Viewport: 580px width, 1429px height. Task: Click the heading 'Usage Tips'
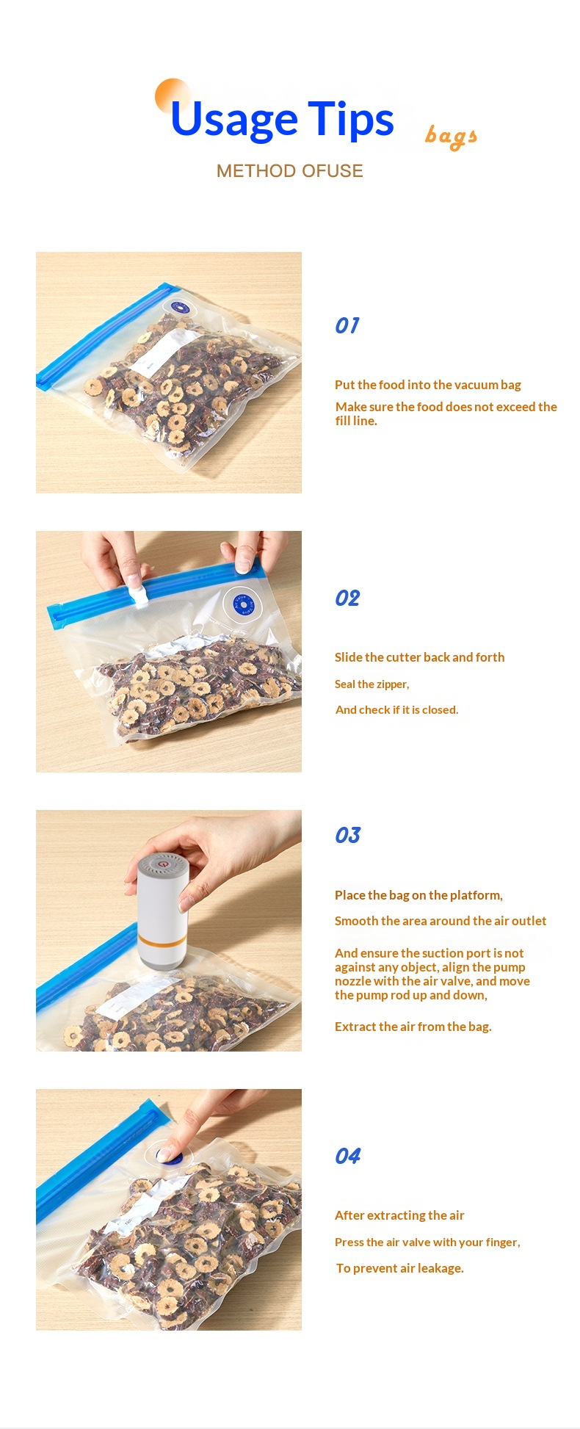(282, 120)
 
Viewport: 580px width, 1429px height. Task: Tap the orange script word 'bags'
(451, 137)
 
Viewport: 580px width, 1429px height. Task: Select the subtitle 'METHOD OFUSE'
(290, 171)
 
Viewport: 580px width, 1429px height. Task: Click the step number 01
(347, 325)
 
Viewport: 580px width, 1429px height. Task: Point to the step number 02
(347, 598)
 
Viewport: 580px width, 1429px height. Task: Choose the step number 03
(348, 836)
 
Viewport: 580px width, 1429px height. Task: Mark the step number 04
(348, 1157)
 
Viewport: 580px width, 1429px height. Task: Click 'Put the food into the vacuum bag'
(428, 385)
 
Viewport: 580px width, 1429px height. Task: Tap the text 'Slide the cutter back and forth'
(420, 657)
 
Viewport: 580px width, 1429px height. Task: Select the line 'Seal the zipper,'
(372, 684)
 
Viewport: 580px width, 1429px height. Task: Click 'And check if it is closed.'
(397, 709)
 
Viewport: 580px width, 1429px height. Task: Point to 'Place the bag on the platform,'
(419, 895)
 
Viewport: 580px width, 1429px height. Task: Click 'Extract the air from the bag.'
(413, 1027)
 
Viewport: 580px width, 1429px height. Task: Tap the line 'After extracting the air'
(399, 1215)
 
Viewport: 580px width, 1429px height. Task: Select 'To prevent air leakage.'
(400, 1268)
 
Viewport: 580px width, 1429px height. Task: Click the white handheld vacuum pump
(162, 911)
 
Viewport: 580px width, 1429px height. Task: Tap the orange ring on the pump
(162, 938)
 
